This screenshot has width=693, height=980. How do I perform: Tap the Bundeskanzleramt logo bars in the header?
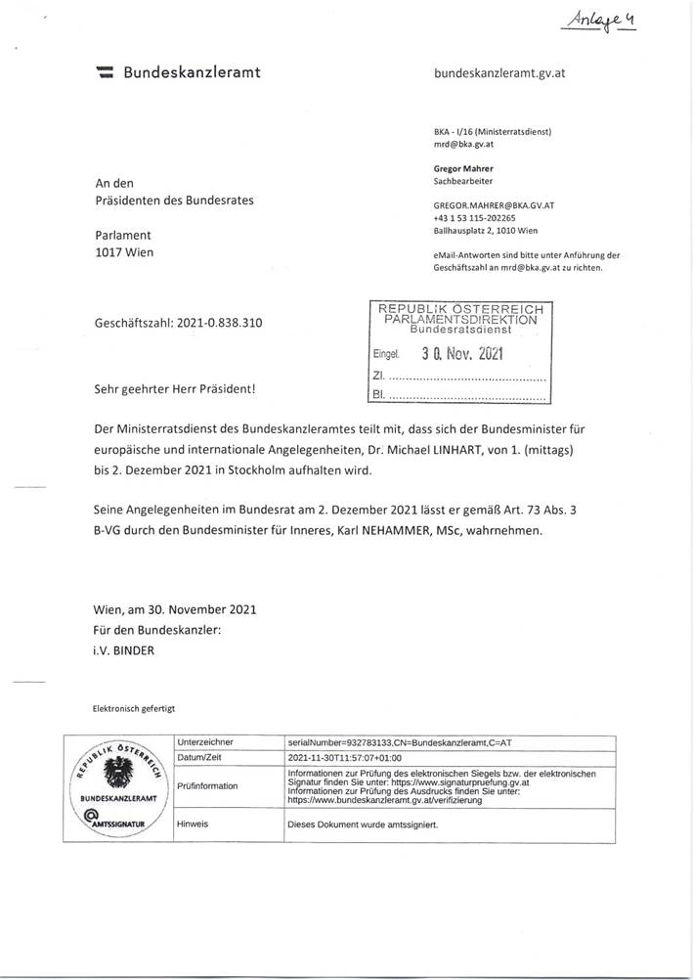pos(106,72)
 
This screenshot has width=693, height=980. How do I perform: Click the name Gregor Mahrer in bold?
pos(463,168)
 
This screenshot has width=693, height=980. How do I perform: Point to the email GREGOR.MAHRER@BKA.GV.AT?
pos(494,206)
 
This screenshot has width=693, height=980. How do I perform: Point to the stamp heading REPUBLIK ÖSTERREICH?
pos(457,309)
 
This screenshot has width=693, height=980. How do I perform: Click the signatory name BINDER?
pos(140,648)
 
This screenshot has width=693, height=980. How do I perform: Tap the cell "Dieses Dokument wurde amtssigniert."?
pos(363,824)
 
